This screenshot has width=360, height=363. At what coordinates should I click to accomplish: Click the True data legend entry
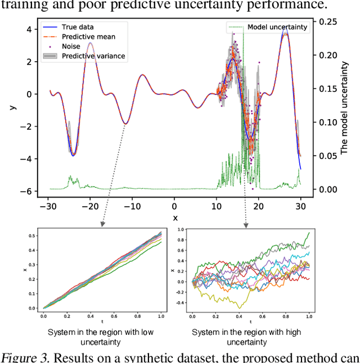(x=76, y=27)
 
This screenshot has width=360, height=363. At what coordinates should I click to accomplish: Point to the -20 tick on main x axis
(x=90, y=206)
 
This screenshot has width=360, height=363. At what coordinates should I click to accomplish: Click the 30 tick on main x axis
(x=300, y=206)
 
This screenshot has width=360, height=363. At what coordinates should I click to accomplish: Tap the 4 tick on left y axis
(x=26, y=29)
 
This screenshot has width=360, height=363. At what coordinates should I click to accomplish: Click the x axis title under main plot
(x=174, y=217)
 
